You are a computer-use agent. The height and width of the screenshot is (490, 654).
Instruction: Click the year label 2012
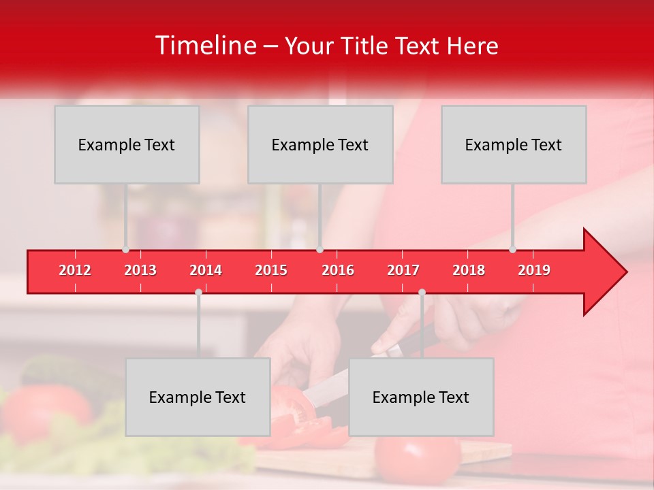click(x=75, y=270)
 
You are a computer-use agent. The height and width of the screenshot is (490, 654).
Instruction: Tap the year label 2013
click(x=140, y=270)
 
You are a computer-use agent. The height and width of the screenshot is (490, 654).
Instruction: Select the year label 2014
click(x=206, y=270)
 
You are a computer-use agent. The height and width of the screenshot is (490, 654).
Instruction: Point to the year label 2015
click(x=271, y=270)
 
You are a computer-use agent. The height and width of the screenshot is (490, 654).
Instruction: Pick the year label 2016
click(x=338, y=270)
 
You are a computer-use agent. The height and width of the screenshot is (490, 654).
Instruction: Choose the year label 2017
click(x=403, y=270)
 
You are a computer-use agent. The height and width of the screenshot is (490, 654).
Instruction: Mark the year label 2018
click(x=469, y=270)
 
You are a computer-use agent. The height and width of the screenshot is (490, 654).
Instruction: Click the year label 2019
click(x=534, y=270)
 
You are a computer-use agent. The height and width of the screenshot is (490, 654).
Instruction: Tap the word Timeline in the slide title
click(x=204, y=46)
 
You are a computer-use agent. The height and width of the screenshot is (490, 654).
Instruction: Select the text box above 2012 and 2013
click(x=127, y=144)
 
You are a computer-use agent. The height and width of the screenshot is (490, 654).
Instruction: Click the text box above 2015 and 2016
click(x=320, y=144)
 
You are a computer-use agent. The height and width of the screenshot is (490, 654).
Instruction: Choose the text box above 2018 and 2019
click(x=514, y=144)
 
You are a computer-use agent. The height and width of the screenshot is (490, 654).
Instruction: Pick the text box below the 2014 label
click(x=198, y=397)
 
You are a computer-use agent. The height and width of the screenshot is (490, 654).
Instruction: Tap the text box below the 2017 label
click(x=421, y=397)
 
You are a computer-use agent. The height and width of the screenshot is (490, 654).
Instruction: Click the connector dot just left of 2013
click(x=125, y=250)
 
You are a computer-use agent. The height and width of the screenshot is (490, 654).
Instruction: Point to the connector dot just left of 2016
click(x=320, y=250)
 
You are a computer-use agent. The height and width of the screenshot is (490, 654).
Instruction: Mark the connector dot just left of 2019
click(x=512, y=250)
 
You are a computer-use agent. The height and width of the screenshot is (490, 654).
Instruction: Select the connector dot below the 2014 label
click(x=198, y=292)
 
